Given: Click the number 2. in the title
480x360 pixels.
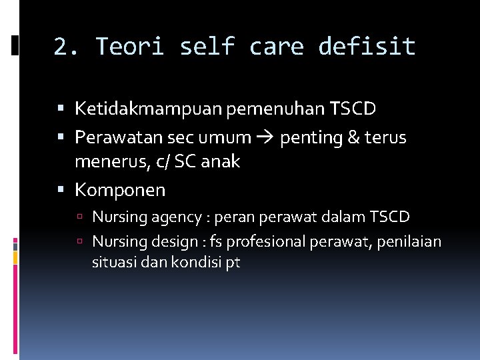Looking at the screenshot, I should (x=67, y=47).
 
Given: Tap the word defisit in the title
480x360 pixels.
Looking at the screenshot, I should (x=367, y=47).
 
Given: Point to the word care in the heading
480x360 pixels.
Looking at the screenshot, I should (x=276, y=47).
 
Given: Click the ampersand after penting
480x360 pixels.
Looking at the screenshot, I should (x=353, y=137).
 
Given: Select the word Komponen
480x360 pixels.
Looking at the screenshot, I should (x=120, y=190).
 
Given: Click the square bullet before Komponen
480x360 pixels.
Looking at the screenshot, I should (x=61, y=191).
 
